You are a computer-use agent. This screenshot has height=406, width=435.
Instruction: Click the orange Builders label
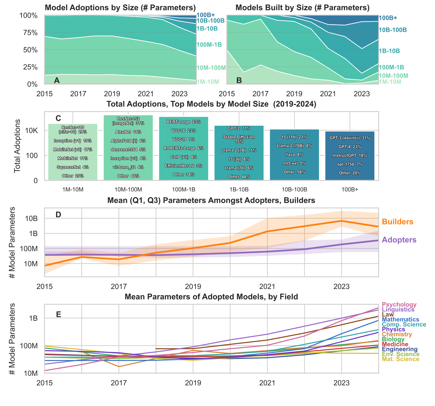(398, 222)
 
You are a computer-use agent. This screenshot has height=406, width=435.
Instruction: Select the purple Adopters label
(399, 239)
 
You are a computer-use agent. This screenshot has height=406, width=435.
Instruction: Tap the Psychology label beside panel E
(399, 305)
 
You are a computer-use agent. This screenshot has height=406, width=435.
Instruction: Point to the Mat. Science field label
(401, 359)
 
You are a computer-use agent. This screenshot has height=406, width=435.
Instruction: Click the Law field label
(388, 314)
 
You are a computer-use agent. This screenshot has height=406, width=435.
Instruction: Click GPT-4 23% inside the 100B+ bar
(350, 147)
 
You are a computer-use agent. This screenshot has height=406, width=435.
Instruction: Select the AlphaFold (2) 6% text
(128, 141)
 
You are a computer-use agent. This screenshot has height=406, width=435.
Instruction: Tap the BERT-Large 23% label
(184, 122)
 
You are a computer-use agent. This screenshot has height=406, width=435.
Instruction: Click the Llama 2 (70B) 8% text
(294, 146)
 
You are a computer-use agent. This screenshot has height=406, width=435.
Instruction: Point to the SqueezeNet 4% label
(73, 167)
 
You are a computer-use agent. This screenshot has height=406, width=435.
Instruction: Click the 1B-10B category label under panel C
(239, 190)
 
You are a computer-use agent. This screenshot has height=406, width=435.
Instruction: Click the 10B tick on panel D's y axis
(32, 219)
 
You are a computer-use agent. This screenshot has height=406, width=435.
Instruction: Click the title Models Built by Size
(303, 8)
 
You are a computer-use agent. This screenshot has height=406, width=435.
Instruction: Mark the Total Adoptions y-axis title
(17, 146)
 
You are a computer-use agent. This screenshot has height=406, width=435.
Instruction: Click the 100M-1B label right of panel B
(391, 67)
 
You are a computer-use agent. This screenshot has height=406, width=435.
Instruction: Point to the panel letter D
(58, 215)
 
